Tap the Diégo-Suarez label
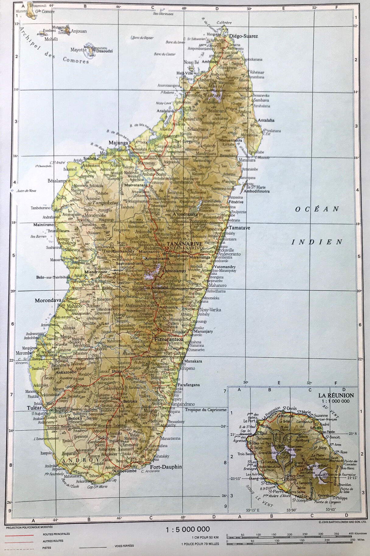coord(243,36)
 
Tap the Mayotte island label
coord(79,50)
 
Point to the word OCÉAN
coord(317,209)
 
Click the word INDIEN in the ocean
coord(317,242)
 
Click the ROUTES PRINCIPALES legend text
coord(56,534)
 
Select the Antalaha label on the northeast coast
coord(266,120)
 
